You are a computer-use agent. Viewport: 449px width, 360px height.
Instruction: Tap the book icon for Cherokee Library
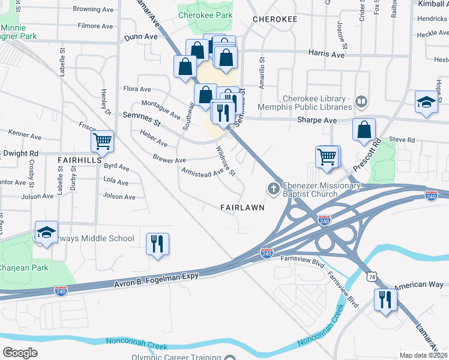(x=361, y=101)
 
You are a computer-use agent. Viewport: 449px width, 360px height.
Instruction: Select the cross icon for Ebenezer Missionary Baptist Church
(x=274, y=190)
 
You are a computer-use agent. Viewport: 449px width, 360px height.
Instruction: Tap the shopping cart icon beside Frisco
(x=102, y=142)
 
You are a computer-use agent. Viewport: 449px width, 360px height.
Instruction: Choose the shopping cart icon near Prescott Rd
(x=327, y=156)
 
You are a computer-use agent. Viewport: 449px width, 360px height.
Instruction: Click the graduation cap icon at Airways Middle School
(x=46, y=232)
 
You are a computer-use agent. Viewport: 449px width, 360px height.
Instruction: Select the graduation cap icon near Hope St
(x=426, y=101)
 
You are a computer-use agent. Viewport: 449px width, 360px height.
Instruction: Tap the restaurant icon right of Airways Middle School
(x=157, y=244)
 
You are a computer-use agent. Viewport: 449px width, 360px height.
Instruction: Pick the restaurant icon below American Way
(x=385, y=299)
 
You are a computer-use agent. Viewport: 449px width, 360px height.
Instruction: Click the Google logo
(x=20, y=353)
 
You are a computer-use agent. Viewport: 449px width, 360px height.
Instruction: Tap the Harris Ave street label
(x=326, y=54)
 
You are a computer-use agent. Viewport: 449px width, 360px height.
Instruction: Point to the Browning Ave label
(x=93, y=10)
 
